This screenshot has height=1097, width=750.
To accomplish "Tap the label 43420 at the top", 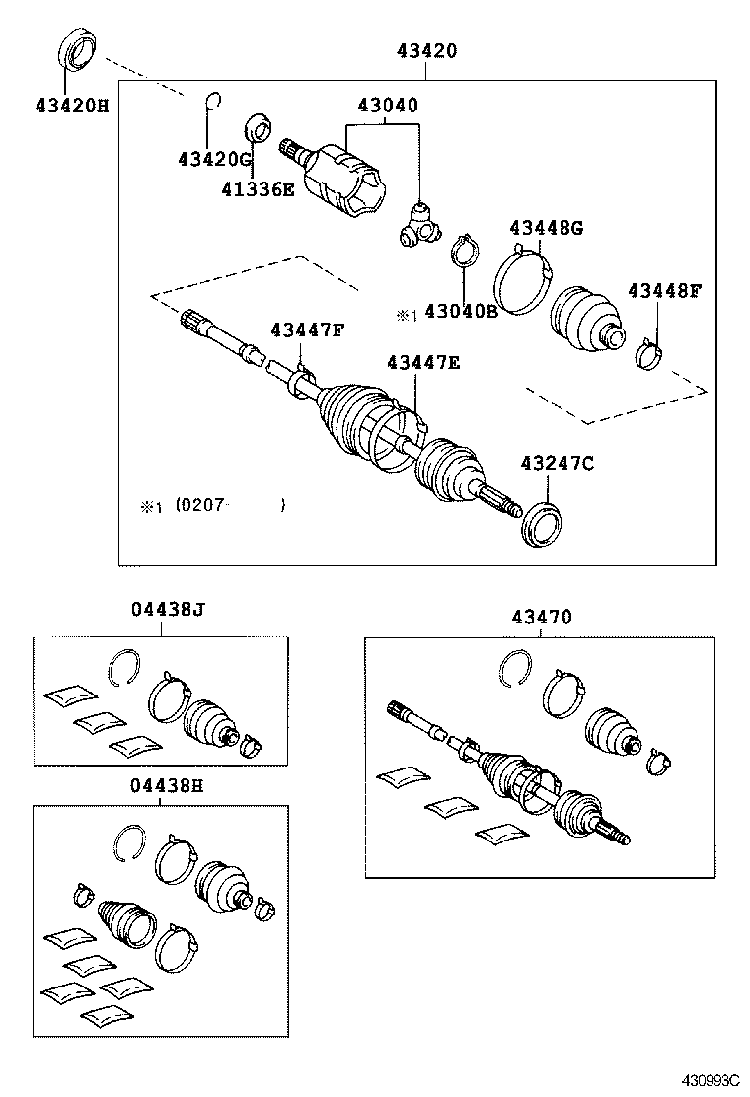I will pyautogui.click(x=425, y=51).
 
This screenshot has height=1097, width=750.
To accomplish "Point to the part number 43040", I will pyautogui.click(x=386, y=106).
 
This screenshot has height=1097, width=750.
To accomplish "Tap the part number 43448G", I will pyautogui.click(x=546, y=229).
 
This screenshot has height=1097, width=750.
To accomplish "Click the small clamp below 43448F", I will pyautogui.click(x=650, y=352).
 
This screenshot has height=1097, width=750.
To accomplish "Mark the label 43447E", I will pyautogui.click(x=422, y=363).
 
